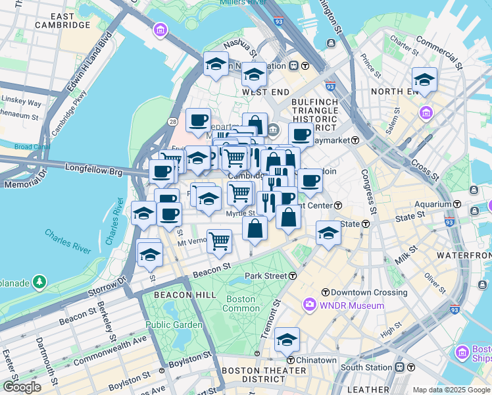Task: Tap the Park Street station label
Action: point(266,276)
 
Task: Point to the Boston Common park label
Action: point(241,303)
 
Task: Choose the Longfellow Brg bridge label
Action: point(94,169)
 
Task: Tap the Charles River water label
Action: point(68,242)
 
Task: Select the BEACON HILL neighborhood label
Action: point(185,295)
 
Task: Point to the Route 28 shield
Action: point(172,122)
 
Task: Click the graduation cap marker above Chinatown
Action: point(287,340)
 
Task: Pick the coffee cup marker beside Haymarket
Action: point(301,135)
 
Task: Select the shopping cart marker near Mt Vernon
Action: point(219,241)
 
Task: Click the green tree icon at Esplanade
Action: point(39,282)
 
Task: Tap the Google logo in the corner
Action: point(22,387)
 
